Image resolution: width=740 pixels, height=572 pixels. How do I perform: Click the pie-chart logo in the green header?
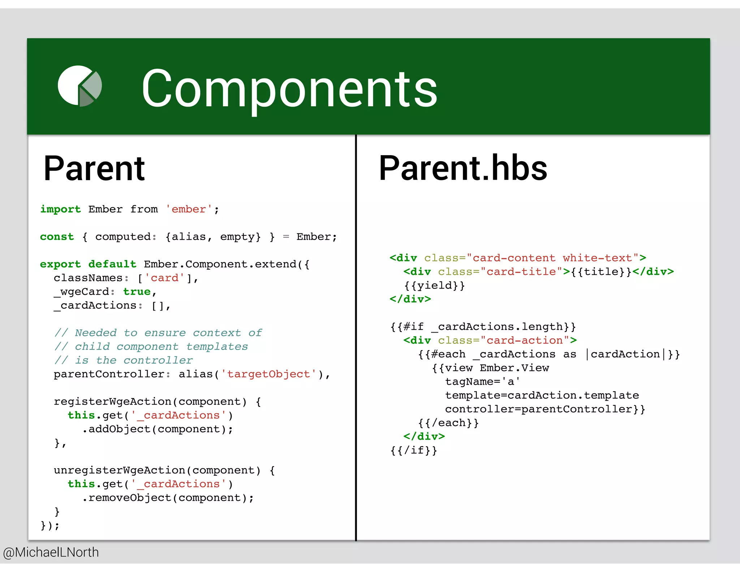[x=80, y=86]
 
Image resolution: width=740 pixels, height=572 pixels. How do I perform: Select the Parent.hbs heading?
[x=463, y=168]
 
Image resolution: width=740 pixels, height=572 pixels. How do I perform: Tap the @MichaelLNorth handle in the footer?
[x=51, y=552]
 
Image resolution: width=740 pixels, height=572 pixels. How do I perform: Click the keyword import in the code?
[x=60, y=209]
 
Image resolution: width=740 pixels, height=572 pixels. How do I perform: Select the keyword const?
[x=57, y=237]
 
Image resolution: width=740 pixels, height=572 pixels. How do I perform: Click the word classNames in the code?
[x=88, y=278]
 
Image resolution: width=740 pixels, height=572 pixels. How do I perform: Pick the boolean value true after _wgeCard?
[x=137, y=292]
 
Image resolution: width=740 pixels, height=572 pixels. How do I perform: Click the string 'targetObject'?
[x=268, y=374]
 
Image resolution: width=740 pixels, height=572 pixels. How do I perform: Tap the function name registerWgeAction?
[x=112, y=402]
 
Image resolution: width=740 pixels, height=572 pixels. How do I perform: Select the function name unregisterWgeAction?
[x=119, y=470]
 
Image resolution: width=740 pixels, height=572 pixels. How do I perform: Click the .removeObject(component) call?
[x=168, y=498]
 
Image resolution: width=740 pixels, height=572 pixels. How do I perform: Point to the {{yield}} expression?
[x=434, y=286]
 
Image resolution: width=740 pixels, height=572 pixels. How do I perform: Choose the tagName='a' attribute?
[x=482, y=382]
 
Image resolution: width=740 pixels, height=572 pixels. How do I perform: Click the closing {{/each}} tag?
[x=448, y=423]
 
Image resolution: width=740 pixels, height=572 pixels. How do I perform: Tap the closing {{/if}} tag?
[x=413, y=451]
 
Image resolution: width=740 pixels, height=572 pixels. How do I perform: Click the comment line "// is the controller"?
[x=124, y=360]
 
